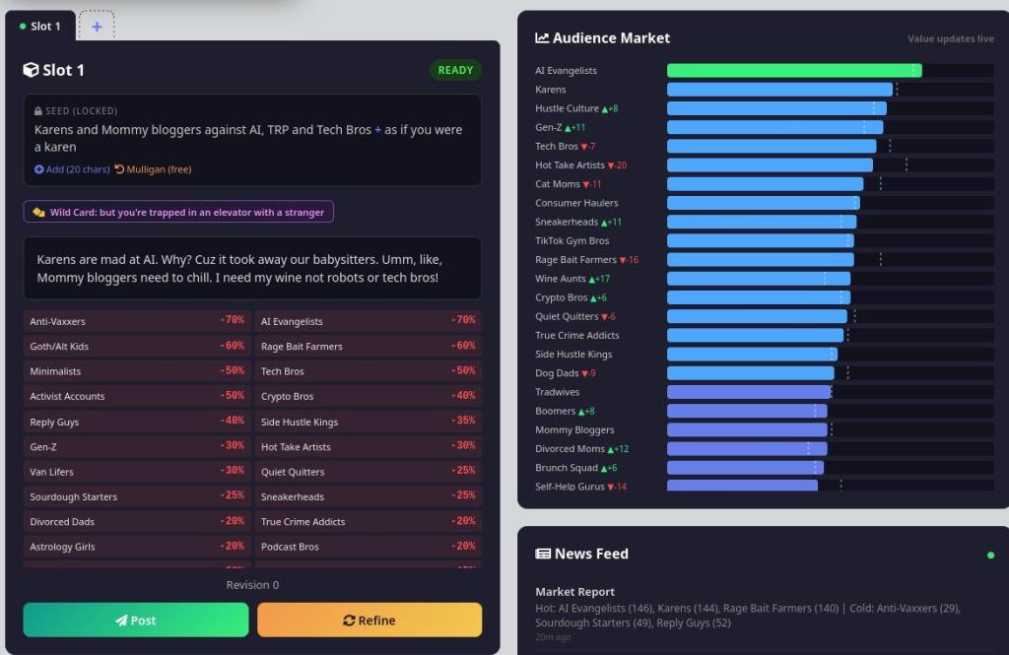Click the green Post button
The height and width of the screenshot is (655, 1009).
(136, 621)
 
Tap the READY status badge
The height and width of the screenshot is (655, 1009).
(455, 70)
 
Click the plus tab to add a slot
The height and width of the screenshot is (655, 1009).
(97, 27)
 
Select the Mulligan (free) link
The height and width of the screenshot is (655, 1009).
(153, 169)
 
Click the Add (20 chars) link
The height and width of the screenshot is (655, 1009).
(72, 169)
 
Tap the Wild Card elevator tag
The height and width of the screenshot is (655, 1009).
(178, 212)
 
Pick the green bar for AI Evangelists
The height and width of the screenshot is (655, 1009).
(793, 71)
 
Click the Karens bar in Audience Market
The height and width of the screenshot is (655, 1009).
(779, 90)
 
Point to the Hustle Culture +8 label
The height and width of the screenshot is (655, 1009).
(576, 108)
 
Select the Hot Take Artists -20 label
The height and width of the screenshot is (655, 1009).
(580, 165)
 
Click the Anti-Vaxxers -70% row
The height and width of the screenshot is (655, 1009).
(137, 321)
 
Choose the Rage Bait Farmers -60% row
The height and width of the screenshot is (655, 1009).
(368, 347)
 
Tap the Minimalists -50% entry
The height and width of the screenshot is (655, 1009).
(137, 371)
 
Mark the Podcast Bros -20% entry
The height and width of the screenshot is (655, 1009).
(368, 547)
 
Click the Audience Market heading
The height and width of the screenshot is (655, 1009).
(611, 38)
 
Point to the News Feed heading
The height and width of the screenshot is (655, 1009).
(591, 554)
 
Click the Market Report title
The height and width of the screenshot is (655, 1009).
(574, 592)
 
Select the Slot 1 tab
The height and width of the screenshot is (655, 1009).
(40, 27)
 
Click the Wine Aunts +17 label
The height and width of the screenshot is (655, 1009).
(572, 279)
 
